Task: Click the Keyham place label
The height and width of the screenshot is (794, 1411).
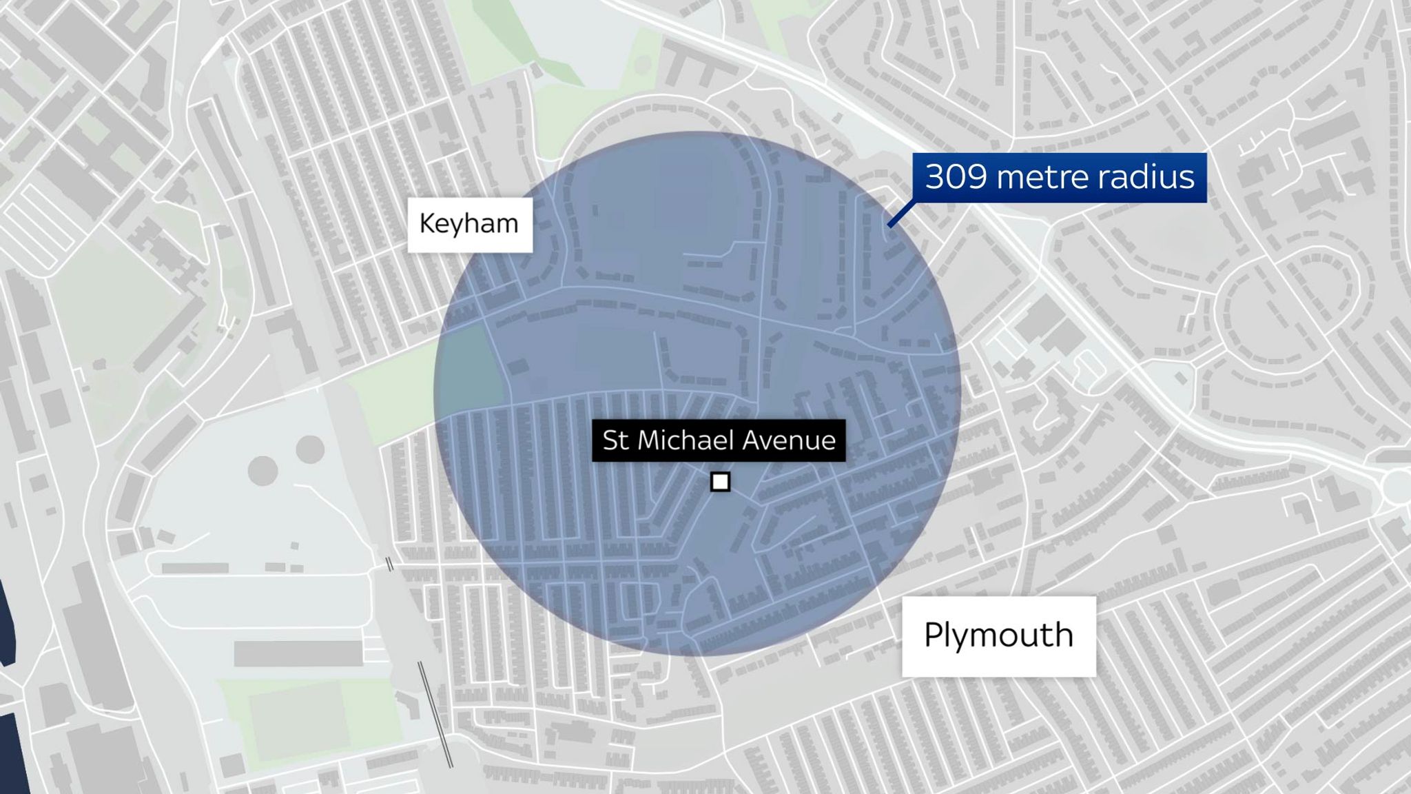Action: coord(469,224)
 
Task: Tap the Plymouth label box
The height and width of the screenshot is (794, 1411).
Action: coord(998,635)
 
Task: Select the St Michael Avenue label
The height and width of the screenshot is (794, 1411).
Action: coord(719,440)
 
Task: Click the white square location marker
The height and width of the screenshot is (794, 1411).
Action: coord(720,482)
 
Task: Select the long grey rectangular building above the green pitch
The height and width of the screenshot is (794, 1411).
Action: coord(298,653)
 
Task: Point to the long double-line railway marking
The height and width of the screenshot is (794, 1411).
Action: coord(435,713)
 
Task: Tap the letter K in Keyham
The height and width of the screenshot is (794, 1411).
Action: coord(426,224)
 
